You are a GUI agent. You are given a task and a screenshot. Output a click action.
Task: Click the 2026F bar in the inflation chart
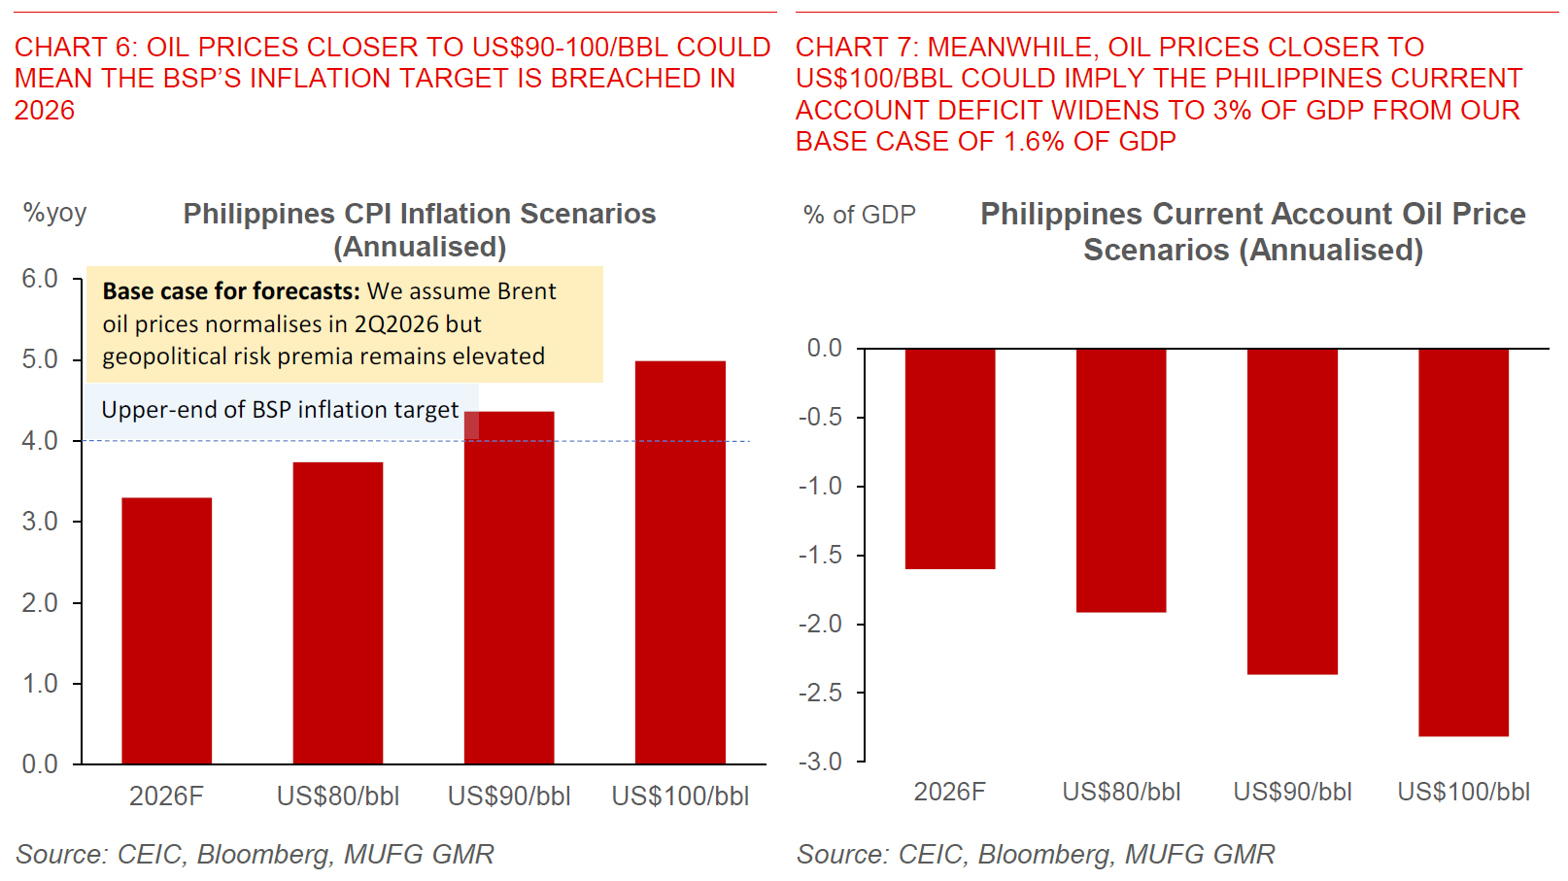pos(166,631)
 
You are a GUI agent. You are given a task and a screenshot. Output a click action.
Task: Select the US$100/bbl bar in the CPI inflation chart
pos(680,563)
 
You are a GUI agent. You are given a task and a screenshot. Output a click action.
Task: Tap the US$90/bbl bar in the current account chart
pos(1292,511)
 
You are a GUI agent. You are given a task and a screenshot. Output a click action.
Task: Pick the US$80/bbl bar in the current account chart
pos(1121,480)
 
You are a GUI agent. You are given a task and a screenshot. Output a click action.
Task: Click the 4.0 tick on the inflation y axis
pos(40,441)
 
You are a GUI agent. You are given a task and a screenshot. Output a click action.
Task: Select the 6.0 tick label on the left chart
pos(40,279)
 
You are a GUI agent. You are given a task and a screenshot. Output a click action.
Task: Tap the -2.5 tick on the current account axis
pos(820,693)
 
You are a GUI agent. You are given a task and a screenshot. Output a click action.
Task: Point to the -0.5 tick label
pos(820,417)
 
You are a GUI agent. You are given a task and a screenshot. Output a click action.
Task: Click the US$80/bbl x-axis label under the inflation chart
pos(338,796)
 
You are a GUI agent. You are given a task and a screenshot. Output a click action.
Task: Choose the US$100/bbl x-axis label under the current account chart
pos(1463,792)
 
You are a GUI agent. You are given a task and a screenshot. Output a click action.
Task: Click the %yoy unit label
pos(55,213)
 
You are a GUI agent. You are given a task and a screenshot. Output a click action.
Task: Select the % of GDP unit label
pos(860,215)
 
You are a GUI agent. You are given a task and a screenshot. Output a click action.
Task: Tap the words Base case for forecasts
pos(231,291)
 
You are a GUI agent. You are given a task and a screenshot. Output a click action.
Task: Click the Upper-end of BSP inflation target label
pos(280,410)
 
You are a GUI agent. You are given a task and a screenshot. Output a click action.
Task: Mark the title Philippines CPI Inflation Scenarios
pos(420,214)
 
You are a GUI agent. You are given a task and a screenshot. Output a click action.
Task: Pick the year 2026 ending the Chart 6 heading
pos(45,110)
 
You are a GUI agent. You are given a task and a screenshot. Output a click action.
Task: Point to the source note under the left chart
pos(255,854)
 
